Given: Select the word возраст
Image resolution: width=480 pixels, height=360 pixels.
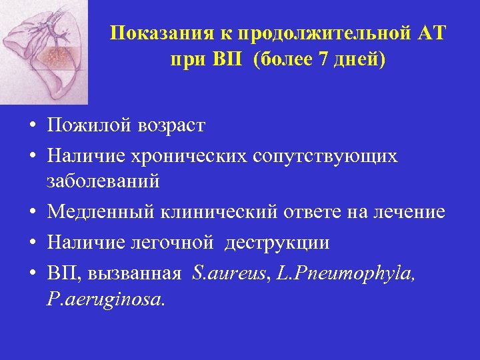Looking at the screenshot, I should (167, 125).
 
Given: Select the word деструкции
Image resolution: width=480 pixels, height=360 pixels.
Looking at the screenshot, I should (277, 243).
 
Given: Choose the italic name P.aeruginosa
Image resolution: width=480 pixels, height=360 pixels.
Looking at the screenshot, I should (105, 299).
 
